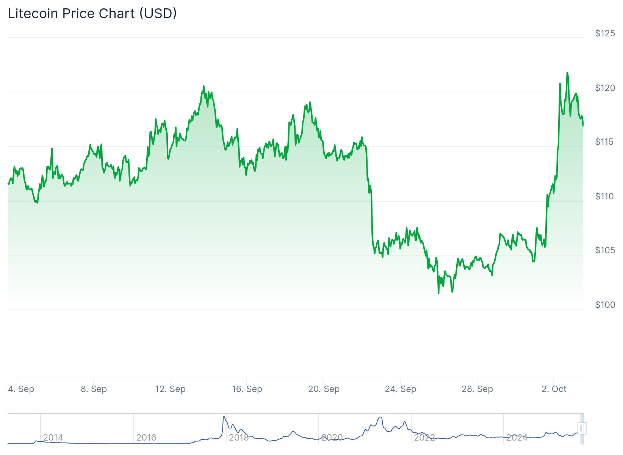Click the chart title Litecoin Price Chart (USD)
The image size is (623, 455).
click(x=92, y=14)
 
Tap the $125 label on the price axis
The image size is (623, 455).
click(x=605, y=33)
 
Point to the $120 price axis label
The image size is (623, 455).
click(x=605, y=88)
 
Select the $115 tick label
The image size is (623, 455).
click(x=605, y=142)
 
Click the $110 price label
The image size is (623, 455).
click(x=605, y=196)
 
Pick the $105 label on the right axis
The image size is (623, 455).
click(x=605, y=250)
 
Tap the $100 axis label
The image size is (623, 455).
click(x=605, y=305)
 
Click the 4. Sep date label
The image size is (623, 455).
click(x=21, y=389)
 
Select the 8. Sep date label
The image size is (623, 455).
click(x=94, y=389)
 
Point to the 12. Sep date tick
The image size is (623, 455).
click(x=171, y=389)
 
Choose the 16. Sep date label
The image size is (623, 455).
click(x=247, y=389)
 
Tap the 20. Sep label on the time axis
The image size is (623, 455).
click(x=324, y=389)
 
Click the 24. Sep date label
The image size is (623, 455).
click(x=401, y=389)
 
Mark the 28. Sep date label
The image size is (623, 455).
click(x=477, y=389)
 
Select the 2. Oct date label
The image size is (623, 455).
click(x=554, y=389)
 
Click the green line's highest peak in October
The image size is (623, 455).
click(x=567, y=72)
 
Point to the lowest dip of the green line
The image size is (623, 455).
click(x=438, y=293)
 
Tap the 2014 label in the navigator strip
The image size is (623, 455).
click(x=53, y=438)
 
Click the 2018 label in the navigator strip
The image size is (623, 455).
click(x=239, y=438)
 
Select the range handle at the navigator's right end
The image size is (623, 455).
click(x=582, y=428)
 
